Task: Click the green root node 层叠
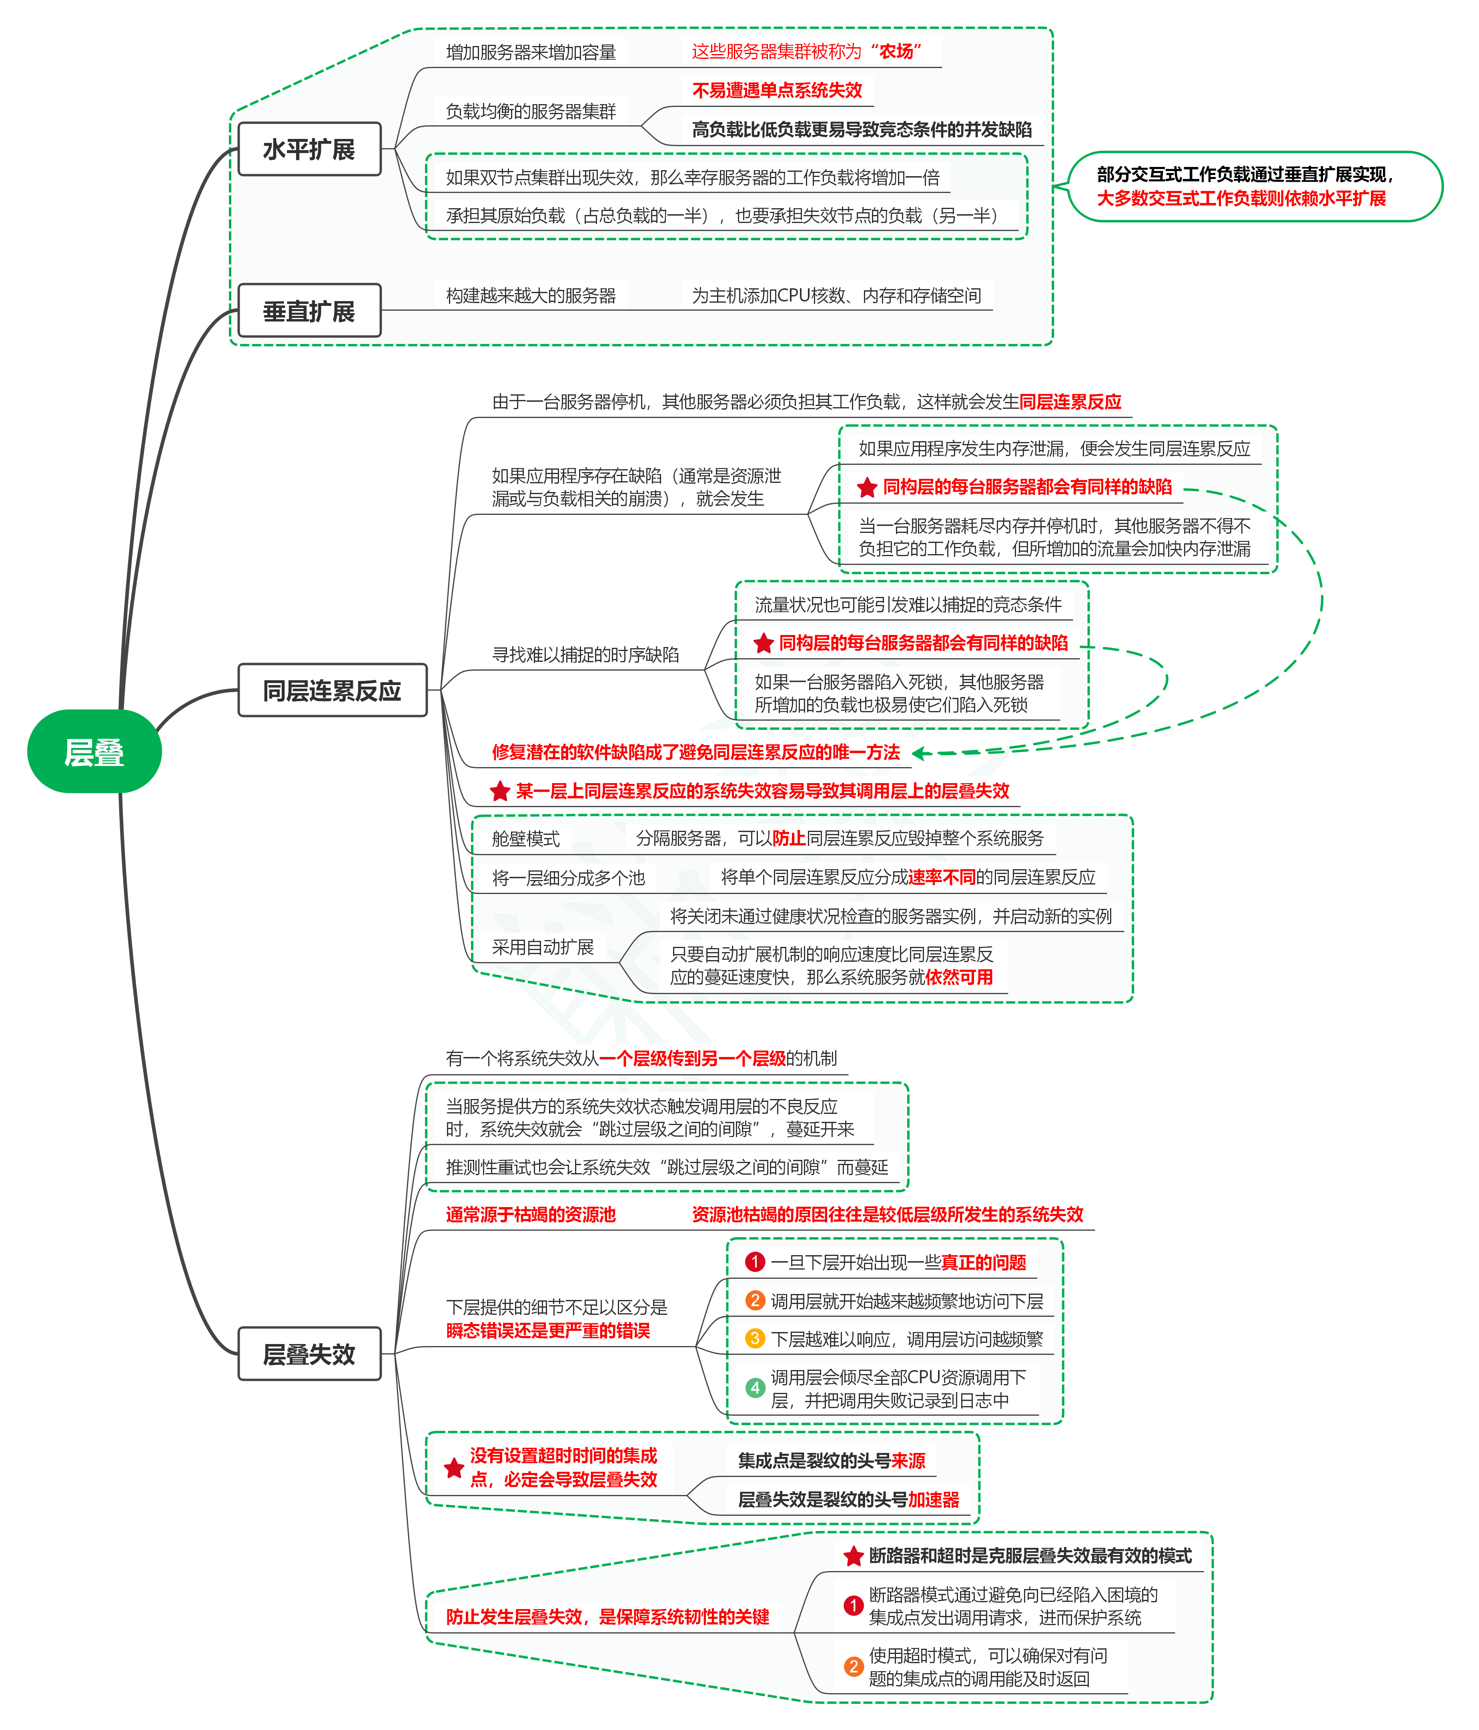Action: tap(94, 751)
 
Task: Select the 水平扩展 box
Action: tap(309, 149)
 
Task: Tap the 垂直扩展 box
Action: tap(309, 311)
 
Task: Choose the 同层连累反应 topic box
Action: tap(332, 691)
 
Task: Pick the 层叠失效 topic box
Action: tap(309, 1353)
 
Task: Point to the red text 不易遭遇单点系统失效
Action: tap(776, 90)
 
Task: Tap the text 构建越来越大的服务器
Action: tap(531, 295)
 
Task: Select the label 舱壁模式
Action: tap(526, 838)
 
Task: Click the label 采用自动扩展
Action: tap(543, 947)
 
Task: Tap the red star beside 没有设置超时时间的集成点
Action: tap(454, 1468)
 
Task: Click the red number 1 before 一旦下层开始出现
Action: tap(755, 1262)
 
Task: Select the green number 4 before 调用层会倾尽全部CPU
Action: tap(755, 1388)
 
